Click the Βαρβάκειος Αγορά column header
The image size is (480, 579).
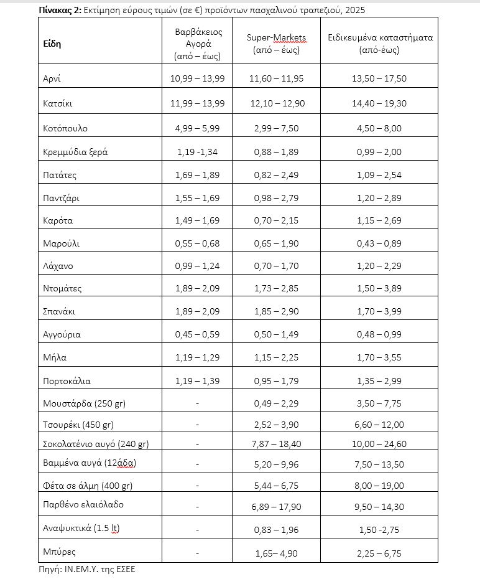(197, 44)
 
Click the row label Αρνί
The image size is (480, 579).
(52, 79)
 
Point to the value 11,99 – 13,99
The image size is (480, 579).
(197, 103)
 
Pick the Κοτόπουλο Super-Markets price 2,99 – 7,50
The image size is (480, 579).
(279, 129)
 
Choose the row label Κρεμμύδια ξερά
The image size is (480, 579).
(75, 152)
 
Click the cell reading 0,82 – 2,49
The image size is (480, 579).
(279, 175)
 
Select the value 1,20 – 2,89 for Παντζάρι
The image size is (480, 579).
(379, 198)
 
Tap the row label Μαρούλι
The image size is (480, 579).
(61, 243)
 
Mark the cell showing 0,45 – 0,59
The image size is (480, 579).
(197, 334)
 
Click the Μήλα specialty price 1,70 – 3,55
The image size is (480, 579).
(379, 357)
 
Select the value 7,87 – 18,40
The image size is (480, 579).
(279, 444)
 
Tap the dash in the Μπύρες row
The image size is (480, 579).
(197, 552)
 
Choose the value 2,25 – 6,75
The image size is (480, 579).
(379, 552)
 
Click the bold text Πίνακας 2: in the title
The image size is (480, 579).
(61, 11)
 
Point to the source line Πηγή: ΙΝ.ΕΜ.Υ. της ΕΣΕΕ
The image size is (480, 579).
(86, 569)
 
